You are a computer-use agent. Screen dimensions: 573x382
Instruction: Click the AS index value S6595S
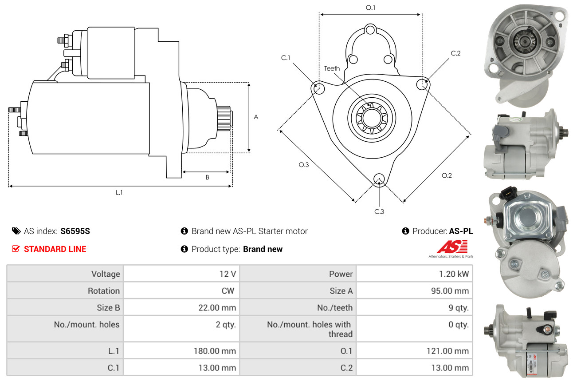[75, 231]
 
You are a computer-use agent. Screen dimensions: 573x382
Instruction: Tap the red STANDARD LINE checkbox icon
[16, 249]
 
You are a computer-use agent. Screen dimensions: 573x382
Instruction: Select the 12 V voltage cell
[228, 274]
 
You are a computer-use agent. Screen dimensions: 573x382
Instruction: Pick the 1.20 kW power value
[454, 274]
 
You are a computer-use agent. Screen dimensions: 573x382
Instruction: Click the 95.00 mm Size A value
[450, 291]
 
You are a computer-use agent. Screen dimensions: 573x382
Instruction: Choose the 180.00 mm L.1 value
[215, 351]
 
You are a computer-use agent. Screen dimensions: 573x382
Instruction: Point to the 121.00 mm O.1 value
[447, 351]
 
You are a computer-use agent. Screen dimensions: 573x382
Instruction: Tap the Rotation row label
[104, 291]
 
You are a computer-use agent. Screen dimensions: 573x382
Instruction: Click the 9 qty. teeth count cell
[459, 307]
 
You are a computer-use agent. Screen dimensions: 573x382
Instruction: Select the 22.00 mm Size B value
[217, 307]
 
